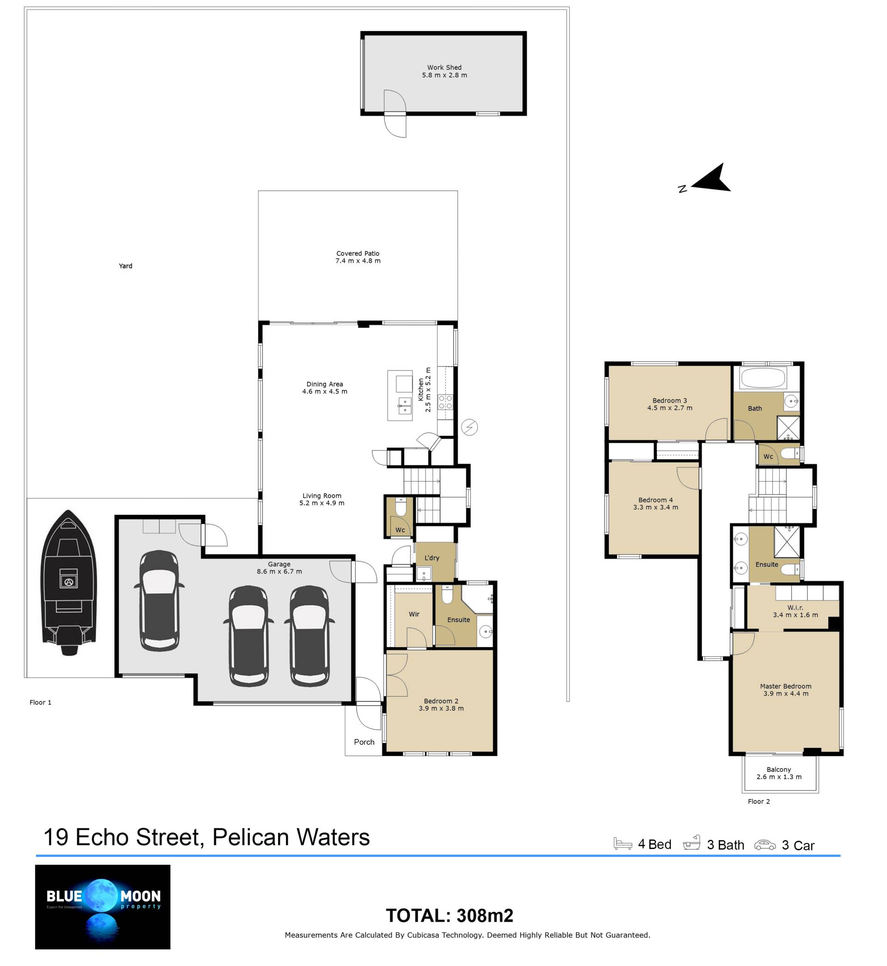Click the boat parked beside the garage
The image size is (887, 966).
[69, 582]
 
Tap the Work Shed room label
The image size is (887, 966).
[444, 71]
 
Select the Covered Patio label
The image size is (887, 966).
[358, 257]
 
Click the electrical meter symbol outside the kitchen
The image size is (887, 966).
[469, 428]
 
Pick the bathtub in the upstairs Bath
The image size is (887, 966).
[763, 378]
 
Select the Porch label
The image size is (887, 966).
[365, 742]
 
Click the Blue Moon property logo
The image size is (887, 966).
[103, 907]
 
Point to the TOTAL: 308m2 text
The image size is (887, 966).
[450, 916]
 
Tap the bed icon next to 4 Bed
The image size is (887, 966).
[623, 844]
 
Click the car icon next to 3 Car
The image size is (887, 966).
[765, 844]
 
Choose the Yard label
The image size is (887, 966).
[126, 266]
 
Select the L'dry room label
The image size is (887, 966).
[432, 558]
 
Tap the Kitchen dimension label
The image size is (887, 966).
[424, 389]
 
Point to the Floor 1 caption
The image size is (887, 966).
[40, 703]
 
